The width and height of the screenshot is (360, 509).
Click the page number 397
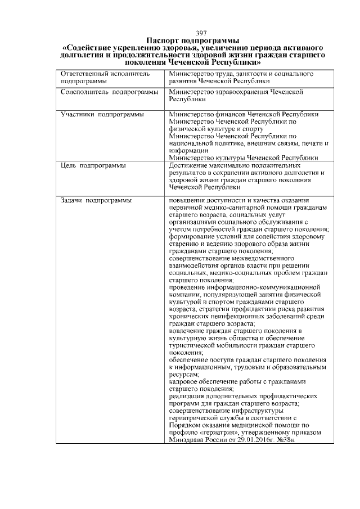201,33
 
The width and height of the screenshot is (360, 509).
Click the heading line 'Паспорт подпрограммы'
193,40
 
